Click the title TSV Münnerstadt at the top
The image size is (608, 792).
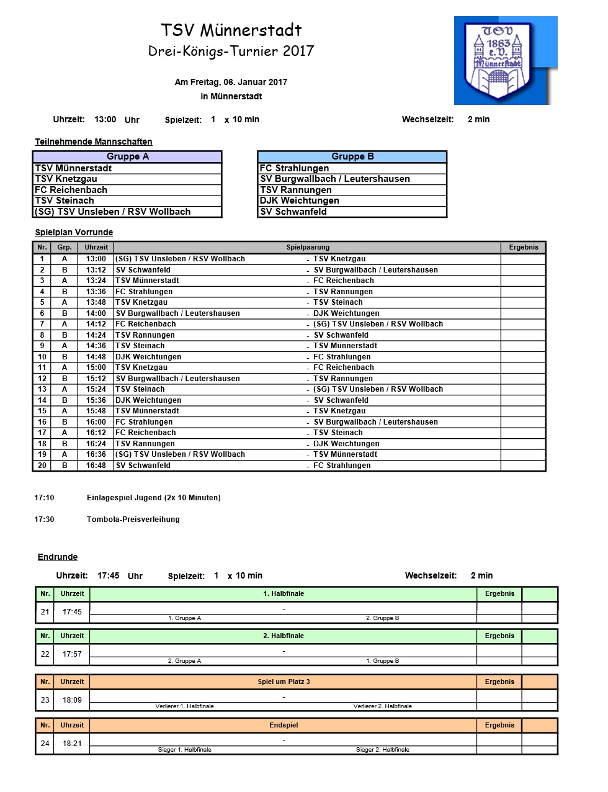(231, 30)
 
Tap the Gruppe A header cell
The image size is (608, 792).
(128, 157)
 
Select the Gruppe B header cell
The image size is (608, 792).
(352, 157)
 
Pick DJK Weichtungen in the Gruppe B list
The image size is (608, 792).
(300, 200)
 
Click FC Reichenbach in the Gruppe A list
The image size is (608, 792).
(71, 190)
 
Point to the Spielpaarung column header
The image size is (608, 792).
(308, 248)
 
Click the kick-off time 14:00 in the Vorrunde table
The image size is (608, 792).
(96, 313)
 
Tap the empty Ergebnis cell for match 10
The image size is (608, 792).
(523, 357)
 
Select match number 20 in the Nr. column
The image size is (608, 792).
(42, 466)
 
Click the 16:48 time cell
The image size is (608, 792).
(96, 466)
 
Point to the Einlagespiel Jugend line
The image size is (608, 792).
(154, 498)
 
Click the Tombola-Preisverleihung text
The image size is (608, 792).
(133, 520)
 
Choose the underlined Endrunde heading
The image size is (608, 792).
(58, 557)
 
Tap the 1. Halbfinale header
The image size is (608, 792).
(284, 594)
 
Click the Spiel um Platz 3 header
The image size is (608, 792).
(284, 682)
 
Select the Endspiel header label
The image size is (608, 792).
(284, 726)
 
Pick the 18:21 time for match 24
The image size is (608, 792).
(73, 744)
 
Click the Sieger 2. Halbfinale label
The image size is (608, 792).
(383, 750)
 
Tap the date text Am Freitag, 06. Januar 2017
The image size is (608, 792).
(231, 82)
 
